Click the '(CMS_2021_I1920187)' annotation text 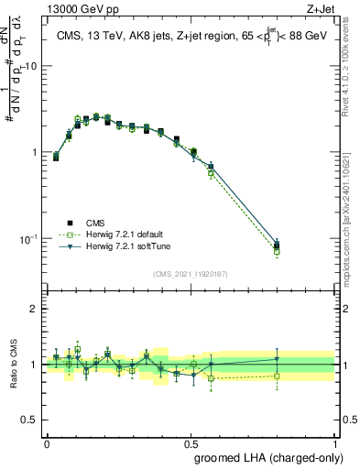tap(190, 272)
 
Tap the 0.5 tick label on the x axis tap(191, 442)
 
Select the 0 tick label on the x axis tap(47, 442)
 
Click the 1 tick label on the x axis tap(334, 442)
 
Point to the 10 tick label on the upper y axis tap(31, 67)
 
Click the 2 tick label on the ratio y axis tap(36, 309)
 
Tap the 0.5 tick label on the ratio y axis tap(32, 420)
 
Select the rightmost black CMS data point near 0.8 tap(277, 245)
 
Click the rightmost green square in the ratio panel tap(277, 376)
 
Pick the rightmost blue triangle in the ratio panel tap(277, 358)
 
